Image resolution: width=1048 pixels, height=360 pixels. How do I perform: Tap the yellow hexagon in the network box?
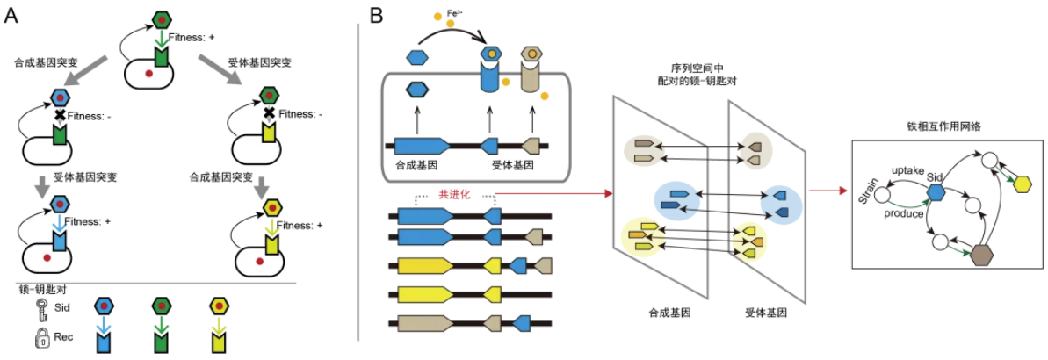coord(1022,184)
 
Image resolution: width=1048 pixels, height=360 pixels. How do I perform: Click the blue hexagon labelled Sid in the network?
coord(936,191)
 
